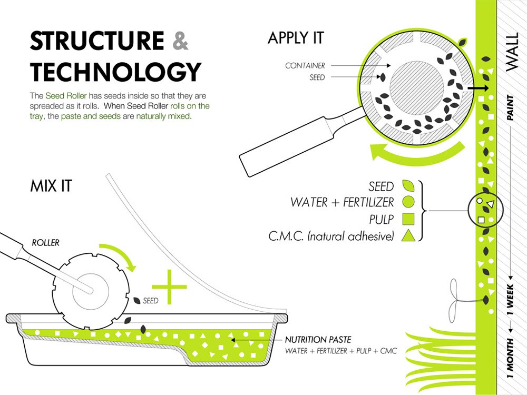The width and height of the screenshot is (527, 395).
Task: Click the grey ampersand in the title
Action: tap(180, 42)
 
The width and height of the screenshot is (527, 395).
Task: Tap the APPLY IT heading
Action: tap(296, 38)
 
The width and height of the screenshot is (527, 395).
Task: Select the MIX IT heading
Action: tap(51, 186)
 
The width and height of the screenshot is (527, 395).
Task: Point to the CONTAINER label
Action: tap(305, 66)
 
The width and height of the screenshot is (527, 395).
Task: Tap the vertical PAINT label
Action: tap(510, 108)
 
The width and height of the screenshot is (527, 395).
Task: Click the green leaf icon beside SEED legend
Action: tap(408, 186)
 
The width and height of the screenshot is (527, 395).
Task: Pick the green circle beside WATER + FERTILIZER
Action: tap(408, 202)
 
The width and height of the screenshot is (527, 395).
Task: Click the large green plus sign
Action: tap(169, 287)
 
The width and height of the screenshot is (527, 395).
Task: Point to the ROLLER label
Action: tap(45, 243)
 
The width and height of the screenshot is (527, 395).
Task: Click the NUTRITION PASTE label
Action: tap(318, 340)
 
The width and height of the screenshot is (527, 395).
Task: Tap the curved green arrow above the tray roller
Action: tap(120, 254)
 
